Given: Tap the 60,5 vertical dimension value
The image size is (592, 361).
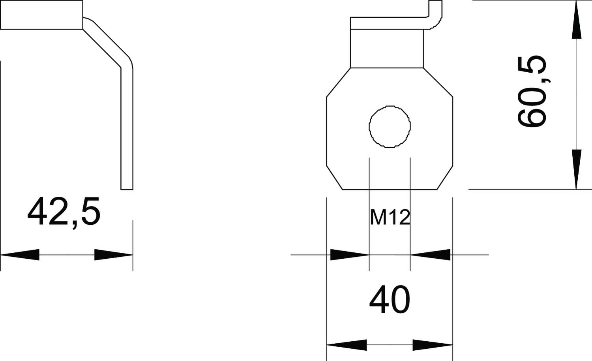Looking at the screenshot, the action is [532, 91].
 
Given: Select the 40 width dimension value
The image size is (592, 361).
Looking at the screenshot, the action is [390, 299].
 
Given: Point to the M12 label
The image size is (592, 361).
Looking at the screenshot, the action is [390, 217].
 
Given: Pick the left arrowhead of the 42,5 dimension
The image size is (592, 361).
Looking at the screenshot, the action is [20, 255].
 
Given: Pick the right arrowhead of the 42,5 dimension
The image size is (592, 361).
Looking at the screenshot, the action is [114, 255].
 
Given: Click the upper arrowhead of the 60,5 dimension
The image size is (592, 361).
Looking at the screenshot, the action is [576, 20].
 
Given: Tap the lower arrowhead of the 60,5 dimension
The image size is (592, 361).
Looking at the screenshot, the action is [576, 170].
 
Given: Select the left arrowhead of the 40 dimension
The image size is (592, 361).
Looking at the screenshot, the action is [347, 345].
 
